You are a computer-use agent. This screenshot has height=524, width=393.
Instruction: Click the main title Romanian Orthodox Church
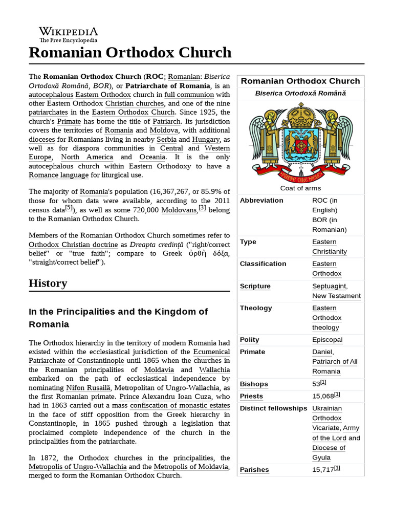click(x=130, y=52)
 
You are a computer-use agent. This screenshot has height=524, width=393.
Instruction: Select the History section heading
click(x=48, y=283)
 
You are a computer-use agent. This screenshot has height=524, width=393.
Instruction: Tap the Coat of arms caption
click(x=300, y=188)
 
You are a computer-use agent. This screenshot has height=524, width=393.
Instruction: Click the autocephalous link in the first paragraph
click(x=51, y=95)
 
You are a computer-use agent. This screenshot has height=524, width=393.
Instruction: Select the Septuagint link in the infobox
click(x=329, y=286)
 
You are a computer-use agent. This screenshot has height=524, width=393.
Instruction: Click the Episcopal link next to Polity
click(x=327, y=340)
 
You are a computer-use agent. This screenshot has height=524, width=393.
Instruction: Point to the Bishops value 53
click(x=316, y=384)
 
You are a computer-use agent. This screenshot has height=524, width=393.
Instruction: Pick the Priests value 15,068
click(x=323, y=396)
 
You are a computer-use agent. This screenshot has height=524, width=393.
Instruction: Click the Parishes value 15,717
click(x=323, y=470)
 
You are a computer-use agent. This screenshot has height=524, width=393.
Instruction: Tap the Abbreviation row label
click(x=261, y=201)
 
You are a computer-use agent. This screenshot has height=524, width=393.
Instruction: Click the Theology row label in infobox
click(x=256, y=308)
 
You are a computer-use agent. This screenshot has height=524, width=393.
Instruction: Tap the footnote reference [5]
click(x=69, y=208)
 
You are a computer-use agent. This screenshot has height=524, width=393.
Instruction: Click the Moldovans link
click(x=179, y=210)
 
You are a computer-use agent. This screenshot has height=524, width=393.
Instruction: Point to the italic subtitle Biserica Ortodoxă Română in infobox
click(x=300, y=93)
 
